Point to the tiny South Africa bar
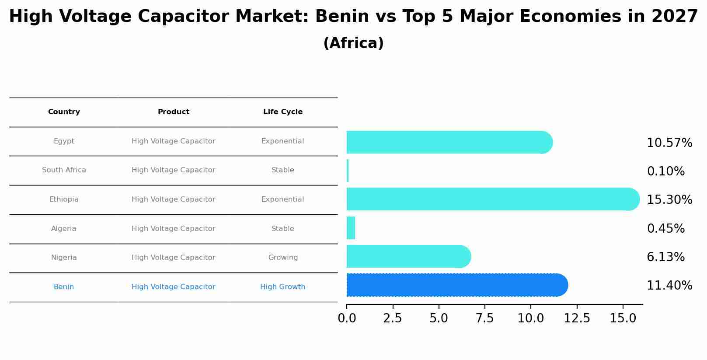point(348,171)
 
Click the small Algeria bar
point(351,228)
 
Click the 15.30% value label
point(669,200)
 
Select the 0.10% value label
point(665,171)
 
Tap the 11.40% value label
point(669,286)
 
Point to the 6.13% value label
point(665,257)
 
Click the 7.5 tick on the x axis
point(484,318)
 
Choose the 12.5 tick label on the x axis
point(577,318)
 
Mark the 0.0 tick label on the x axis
point(347,318)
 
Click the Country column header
point(64,112)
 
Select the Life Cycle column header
point(283,112)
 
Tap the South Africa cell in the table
point(64,170)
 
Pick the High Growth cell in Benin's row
point(283,287)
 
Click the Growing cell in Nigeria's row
point(283,258)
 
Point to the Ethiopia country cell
point(64,199)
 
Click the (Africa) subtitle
point(353,43)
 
